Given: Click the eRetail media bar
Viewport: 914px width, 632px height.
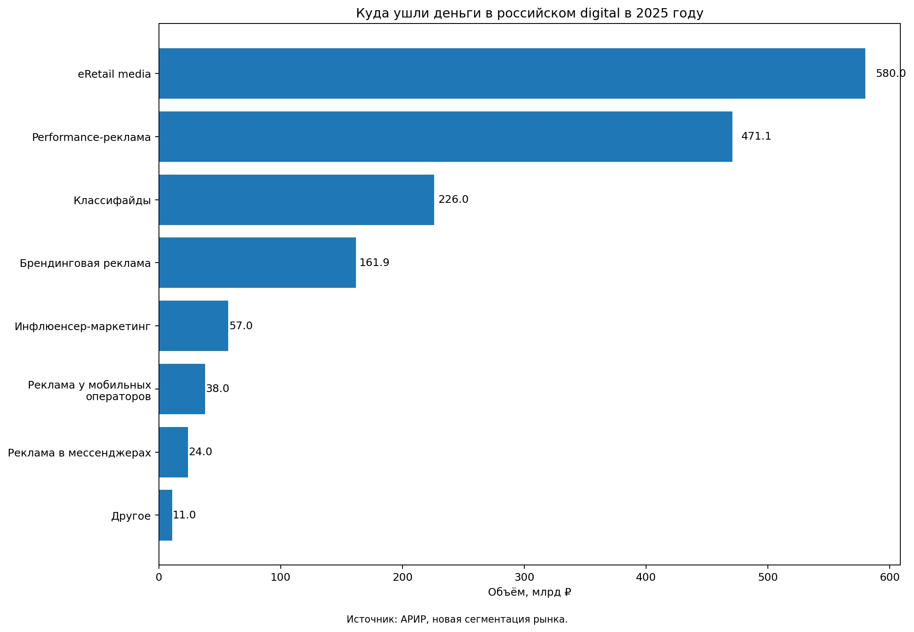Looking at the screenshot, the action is click(x=512, y=73).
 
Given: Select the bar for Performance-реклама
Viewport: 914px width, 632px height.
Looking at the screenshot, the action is click(x=446, y=137).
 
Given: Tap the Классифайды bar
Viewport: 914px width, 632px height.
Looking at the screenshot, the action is click(x=297, y=200).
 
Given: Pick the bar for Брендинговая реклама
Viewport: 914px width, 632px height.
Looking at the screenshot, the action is click(x=257, y=263).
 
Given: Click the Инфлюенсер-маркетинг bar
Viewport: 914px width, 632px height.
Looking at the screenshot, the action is click(x=194, y=326).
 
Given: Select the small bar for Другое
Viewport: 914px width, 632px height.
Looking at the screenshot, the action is click(x=165, y=515).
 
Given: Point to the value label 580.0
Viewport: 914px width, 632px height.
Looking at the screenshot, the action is click(x=890, y=73).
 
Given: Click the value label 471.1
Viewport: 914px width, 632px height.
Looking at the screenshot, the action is click(x=756, y=136).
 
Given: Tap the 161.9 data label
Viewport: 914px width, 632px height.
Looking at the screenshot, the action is click(x=374, y=263).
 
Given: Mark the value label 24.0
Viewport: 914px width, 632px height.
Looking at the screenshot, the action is click(x=200, y=452).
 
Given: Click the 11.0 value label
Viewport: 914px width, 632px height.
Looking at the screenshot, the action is click(x=184, y=515).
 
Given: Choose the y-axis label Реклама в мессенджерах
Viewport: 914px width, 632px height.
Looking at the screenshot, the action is click(x=79, y=453).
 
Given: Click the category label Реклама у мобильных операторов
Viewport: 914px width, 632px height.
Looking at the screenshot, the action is click(x=89, y=391).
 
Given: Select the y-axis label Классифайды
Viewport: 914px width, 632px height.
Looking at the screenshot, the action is click(x=112, y=200).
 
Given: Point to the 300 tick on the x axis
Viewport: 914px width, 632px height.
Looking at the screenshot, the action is click(x=524, y=577).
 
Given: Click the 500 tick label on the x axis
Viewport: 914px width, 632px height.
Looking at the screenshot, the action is click(x=768, y=577).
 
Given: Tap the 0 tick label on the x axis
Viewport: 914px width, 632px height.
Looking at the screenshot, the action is click(x=159, y=577).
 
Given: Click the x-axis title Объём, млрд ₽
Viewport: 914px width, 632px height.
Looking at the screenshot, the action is click(x=529, y=592).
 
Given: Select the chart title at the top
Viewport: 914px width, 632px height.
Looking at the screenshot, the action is click(x=529, y=14).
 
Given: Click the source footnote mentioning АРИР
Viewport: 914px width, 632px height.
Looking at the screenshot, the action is click(x=457, y=619).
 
